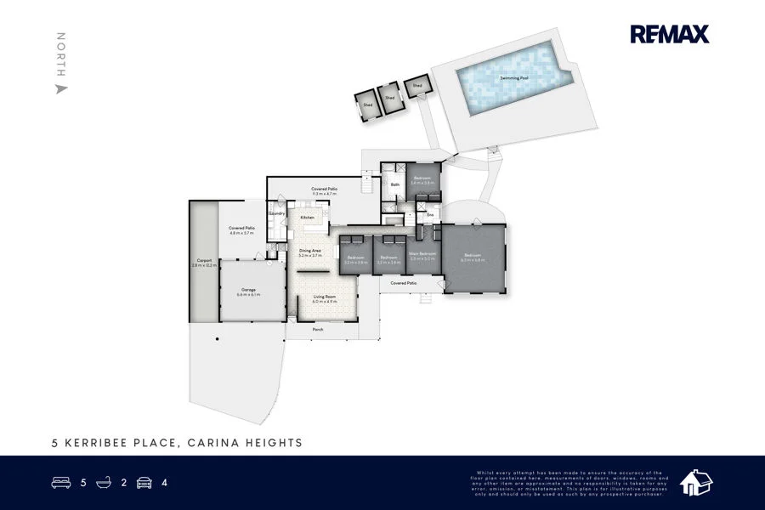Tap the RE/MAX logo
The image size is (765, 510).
669,34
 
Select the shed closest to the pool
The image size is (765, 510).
417,87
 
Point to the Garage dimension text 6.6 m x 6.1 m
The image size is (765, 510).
248,294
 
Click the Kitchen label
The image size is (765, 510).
307,218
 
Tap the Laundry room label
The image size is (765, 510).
276,213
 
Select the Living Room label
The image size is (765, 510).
325,297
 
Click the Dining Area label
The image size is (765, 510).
309,251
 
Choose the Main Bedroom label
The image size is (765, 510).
422,253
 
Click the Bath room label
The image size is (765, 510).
394,184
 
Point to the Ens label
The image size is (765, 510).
430,215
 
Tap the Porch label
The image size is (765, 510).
318,329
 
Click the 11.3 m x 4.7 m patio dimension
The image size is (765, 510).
325,194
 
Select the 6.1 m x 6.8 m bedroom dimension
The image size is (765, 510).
473,260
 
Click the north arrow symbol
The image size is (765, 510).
61,88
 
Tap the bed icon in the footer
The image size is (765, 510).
62,483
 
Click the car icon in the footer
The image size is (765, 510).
144,483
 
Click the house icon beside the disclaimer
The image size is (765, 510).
696,482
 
